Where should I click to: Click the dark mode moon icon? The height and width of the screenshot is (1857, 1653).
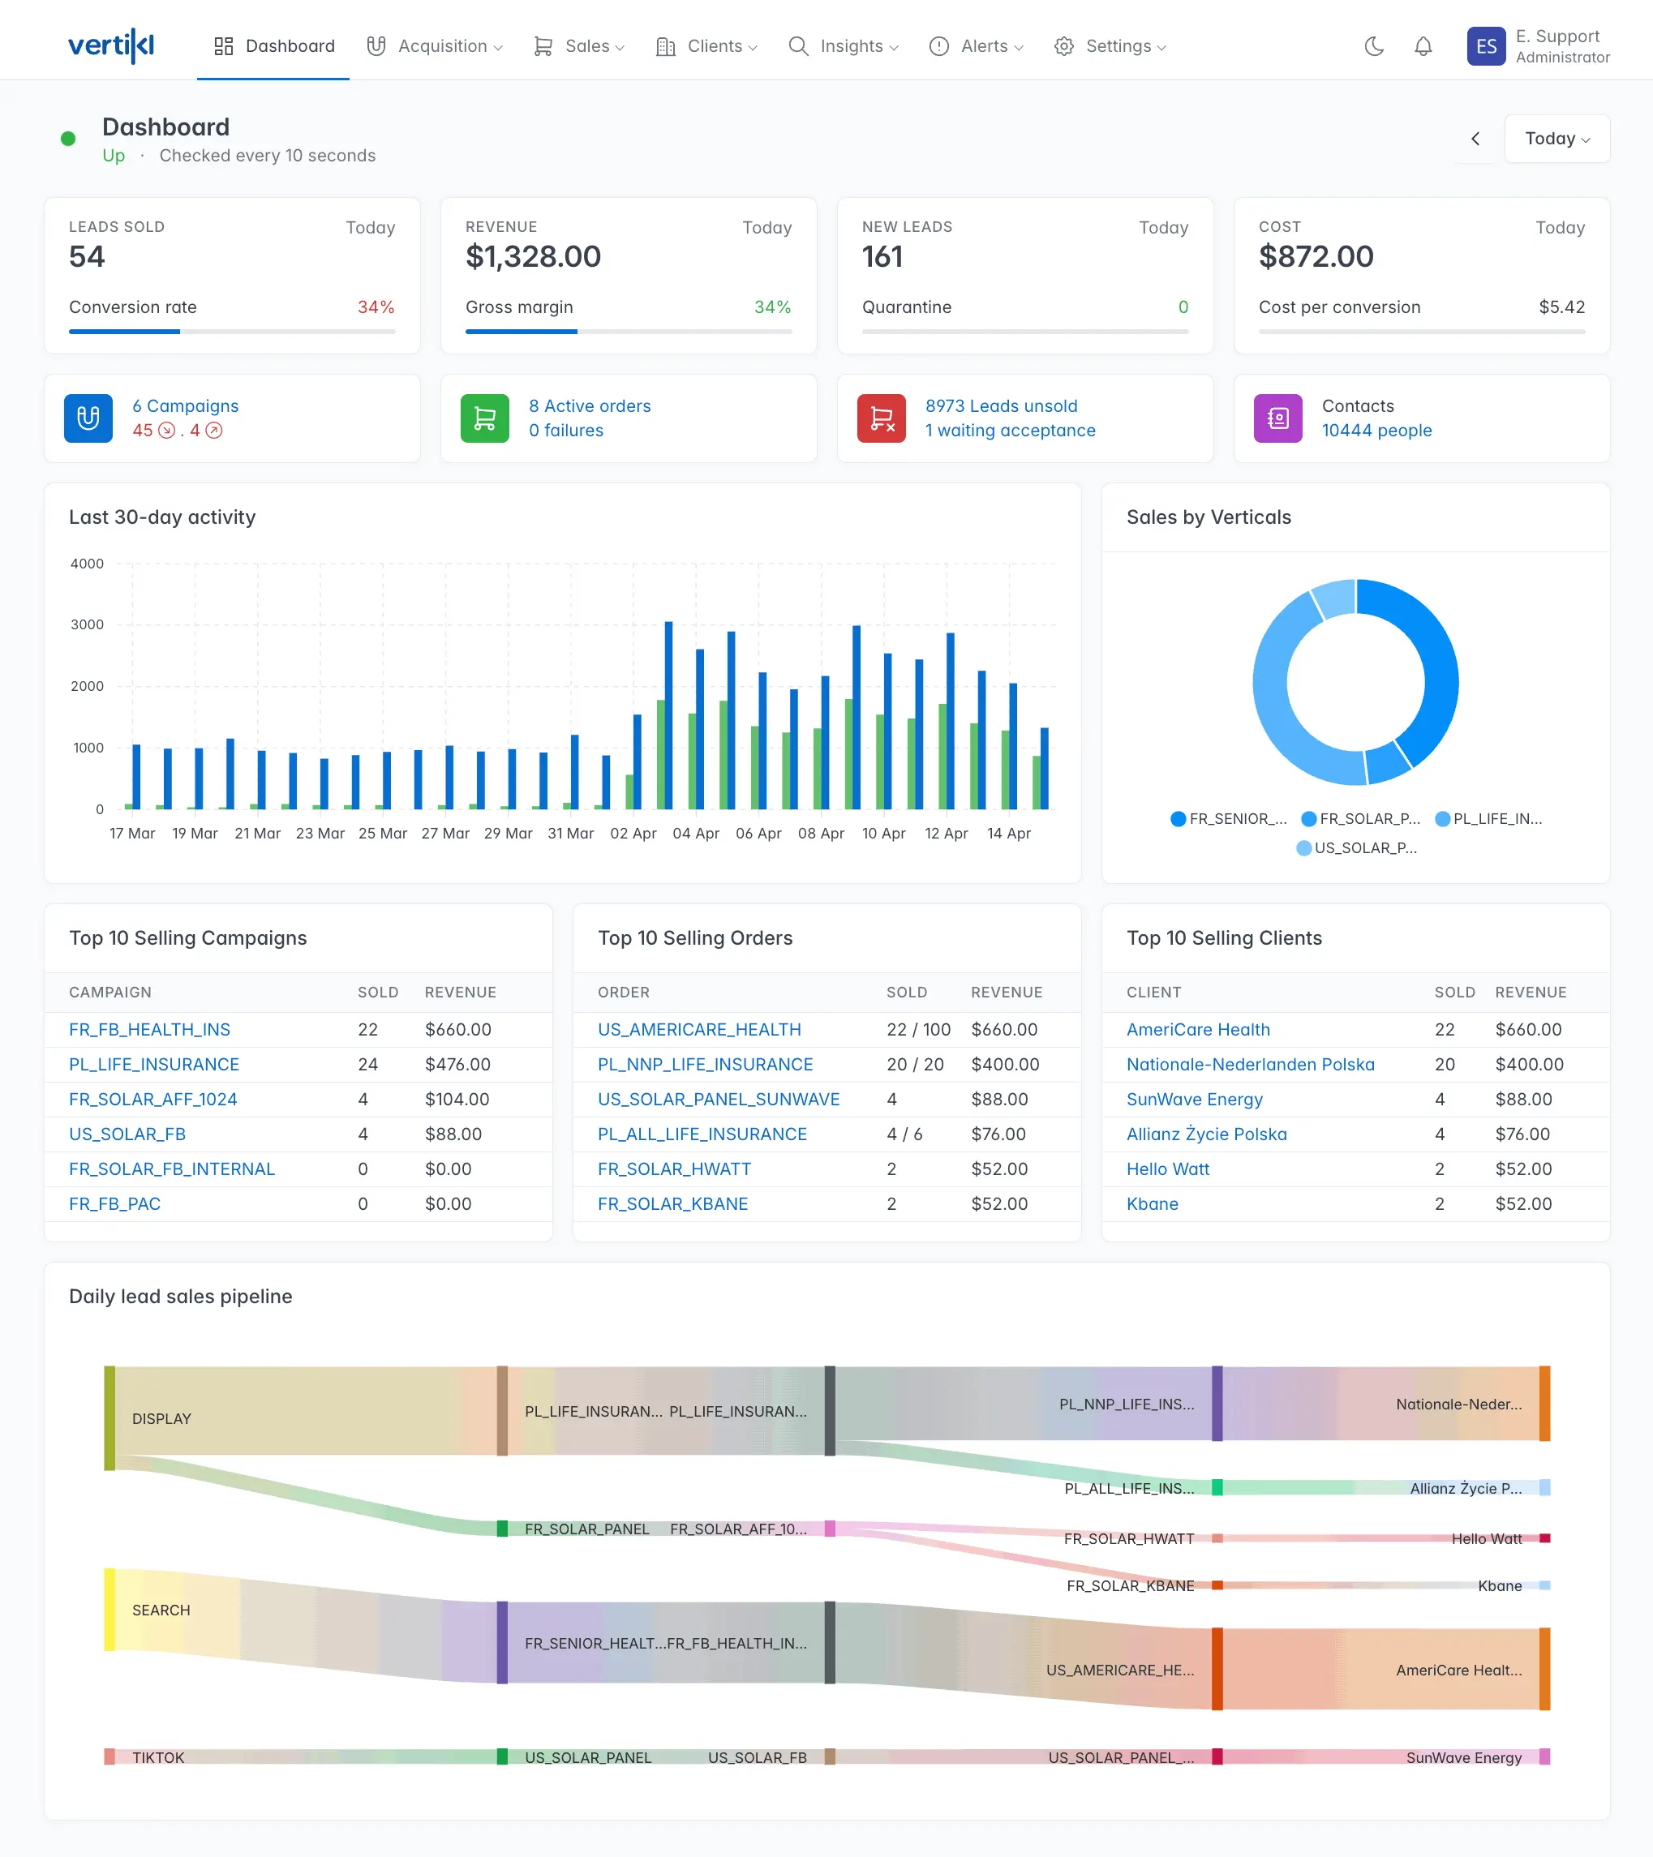pos(1373,46)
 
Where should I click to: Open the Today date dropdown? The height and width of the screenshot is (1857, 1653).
pos(1556,139)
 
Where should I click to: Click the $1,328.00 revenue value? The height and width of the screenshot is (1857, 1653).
pos(533,257)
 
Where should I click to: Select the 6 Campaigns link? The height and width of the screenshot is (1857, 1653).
pos(186,406)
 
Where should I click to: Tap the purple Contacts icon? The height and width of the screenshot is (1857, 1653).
pos(1277,418)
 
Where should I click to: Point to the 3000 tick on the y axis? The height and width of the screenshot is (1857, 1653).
pos(88,625)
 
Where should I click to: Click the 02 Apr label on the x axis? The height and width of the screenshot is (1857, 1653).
pos(633,833)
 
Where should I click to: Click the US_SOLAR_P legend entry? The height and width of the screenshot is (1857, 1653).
pos(1356,847)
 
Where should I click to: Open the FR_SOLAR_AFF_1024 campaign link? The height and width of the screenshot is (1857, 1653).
pos(152,1100)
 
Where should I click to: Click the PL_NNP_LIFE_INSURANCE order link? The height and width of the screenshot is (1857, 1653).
pos(704,1064)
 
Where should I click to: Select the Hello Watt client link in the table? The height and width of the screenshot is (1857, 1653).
pos(1167,1169)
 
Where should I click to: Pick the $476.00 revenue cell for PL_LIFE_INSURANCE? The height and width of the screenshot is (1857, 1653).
pos(457,1064)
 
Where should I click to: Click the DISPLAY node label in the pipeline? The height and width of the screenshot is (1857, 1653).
pos(161,1419)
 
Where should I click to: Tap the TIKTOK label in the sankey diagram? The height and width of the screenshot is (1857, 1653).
pos(158,1758)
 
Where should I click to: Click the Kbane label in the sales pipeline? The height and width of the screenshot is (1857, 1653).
pos(1499,1586)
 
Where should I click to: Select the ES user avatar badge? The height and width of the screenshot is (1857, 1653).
pos(1485,46)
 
